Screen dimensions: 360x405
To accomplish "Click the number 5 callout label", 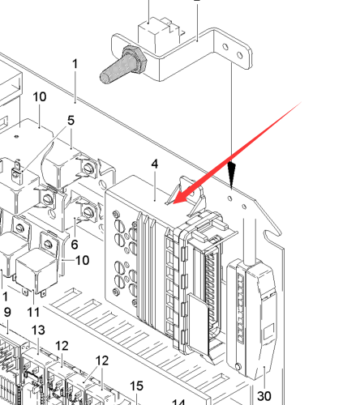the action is tap(71, 121).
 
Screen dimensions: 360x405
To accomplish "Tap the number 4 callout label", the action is tap(155, 164).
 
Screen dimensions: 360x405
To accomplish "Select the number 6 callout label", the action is tap(75, 245).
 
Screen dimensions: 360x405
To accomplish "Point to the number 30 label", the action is tap(264, 396).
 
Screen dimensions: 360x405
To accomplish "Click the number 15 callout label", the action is tap(136, 386).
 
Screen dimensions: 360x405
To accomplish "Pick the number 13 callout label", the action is tap(38, 330).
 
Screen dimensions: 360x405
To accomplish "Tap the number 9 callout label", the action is tap(7, 312).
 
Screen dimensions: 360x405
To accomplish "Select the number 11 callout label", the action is tap(33, 313).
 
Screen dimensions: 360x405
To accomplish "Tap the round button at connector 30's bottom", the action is tap(238, 367).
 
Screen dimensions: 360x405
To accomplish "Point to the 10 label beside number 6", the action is tap(82, 260).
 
